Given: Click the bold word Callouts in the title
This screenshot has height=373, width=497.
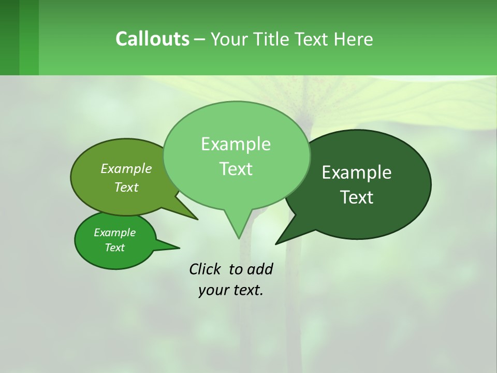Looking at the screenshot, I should click(x=152, y=39).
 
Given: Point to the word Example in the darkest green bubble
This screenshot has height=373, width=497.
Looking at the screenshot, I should click(x=357, y=173).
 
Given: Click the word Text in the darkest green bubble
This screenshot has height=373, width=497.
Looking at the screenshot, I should click(x=357, y=197).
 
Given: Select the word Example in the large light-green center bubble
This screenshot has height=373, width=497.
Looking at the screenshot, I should click(x=236, y=144).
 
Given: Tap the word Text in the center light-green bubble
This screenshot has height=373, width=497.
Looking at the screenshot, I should click(x=236, y=169).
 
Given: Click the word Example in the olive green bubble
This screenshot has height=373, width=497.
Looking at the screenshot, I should click(x=126, y=168).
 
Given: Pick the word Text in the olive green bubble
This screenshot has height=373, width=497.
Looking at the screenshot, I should click(x=126, y=187).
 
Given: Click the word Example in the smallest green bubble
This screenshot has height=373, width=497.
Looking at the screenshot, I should click(x=114, y=233).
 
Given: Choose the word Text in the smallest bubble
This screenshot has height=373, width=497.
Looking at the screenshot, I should click(x=114, y=248).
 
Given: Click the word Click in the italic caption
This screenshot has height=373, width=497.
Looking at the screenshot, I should click(x=205, y=269).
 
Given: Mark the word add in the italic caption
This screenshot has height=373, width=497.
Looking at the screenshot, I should click(x=259, y=269).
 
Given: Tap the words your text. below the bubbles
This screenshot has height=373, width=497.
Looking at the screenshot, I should click(x=231, y=290).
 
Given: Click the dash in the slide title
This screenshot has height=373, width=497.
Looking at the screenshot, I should click(x=200, y=39).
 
